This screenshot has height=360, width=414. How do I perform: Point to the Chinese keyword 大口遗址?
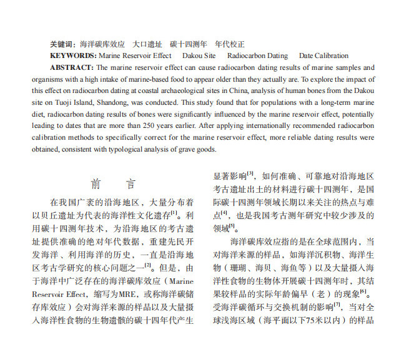pos(147,44)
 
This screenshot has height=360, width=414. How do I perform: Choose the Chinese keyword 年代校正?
pos(229,44)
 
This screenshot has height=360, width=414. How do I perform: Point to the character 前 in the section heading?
pos(96,184)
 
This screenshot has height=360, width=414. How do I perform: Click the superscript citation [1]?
pos(174,212)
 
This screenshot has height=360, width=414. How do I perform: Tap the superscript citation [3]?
pos(250,173)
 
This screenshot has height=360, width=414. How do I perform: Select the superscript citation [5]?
pos(232,225)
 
